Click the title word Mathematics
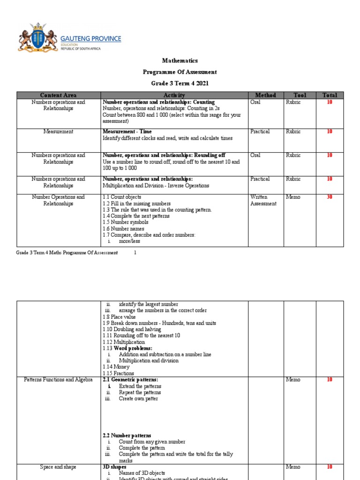coord(180,60)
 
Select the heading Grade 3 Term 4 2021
coord(180,83)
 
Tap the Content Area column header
coord(58,95)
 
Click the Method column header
coord(265,95)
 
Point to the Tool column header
coord(300,95)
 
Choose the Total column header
coord(330,95)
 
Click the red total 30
coord(330,197)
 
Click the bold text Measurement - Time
coord(127,132)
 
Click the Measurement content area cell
coord(58,132)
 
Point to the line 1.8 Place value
coord(119,317)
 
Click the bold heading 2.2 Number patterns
coord(127,435)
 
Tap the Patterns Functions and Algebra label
coord(58,380)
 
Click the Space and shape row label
coord(58,467)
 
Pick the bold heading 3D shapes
coord(115,467)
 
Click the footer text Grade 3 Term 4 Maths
coord(67,253)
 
